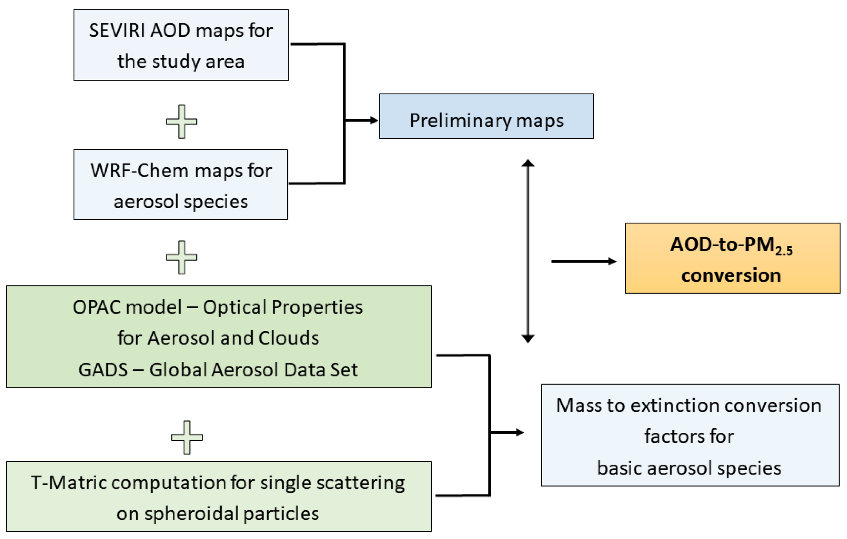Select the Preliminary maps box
click(486, 116)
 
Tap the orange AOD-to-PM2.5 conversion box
click(732, 258)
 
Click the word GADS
click(103, 370)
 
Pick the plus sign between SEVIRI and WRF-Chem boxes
click(181, 121)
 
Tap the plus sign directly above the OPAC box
click(181, 257)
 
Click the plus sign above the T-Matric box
click(187, 437)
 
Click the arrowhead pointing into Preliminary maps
click(374, 120)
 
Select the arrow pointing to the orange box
click(584, 261)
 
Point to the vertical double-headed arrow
click(528, 251)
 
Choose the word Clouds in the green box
click(288, 338)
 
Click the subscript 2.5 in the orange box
click(784, 251)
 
